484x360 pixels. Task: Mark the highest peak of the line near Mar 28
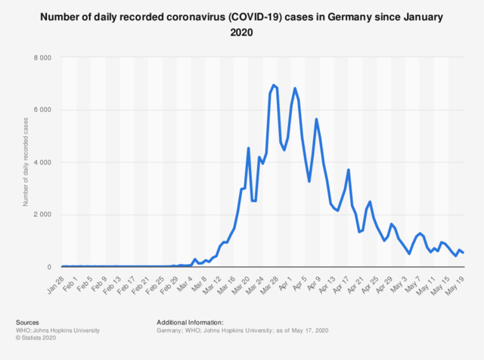tap(273, 85)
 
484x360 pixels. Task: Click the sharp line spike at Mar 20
tap(248, 148)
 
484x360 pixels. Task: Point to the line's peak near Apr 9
tap(316, 119)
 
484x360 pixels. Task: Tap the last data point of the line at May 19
tap(463, 253)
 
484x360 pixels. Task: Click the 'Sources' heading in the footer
tap(28, 323)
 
